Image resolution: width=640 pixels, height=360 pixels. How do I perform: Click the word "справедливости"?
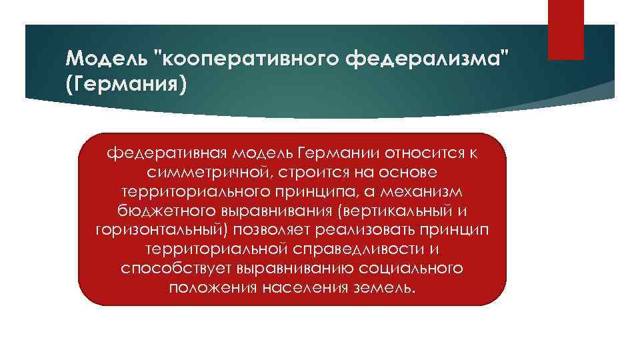click(358, 249)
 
